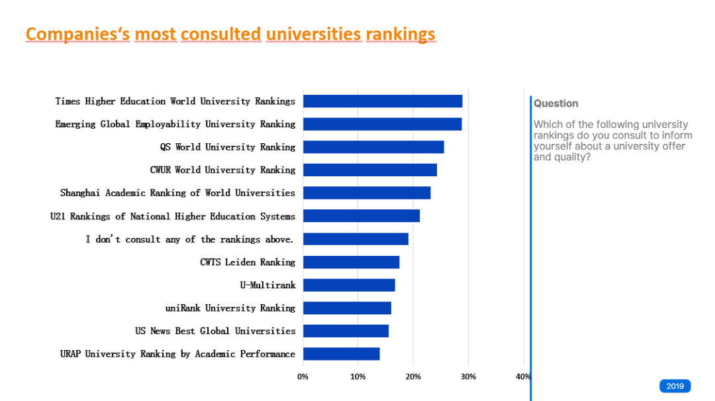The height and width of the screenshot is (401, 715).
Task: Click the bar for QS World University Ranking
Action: click(x=373, y=147)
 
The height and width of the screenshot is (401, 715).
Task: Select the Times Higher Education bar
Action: click(x=382, y=101)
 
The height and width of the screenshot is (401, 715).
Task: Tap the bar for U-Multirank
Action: click(x=348, y=285)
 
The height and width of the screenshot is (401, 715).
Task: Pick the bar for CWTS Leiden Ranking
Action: click(x=351, y=262)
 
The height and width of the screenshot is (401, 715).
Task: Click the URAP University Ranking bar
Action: click(x=341, y=354)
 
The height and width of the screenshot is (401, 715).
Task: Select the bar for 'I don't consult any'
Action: click(x=356, y=239)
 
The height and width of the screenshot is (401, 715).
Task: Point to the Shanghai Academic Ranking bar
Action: click(x=366, y=193)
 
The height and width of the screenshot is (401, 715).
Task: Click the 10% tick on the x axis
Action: click(x=358, y=377)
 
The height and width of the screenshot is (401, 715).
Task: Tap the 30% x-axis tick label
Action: click(x=468, y=377)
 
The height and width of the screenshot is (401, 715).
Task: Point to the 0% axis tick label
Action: click(x=303, y=377)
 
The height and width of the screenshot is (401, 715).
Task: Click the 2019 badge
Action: click(x=675, y=386)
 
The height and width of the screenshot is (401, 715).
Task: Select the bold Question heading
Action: click(x=555, y=103)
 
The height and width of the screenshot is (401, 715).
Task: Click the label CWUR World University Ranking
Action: click(x=222, y=170)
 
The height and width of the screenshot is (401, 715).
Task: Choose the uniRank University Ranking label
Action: click(x=230, y=308)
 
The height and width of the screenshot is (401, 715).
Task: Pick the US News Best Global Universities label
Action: click(x=215, y=331)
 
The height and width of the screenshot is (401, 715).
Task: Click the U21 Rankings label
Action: click(x=172, y=216)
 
